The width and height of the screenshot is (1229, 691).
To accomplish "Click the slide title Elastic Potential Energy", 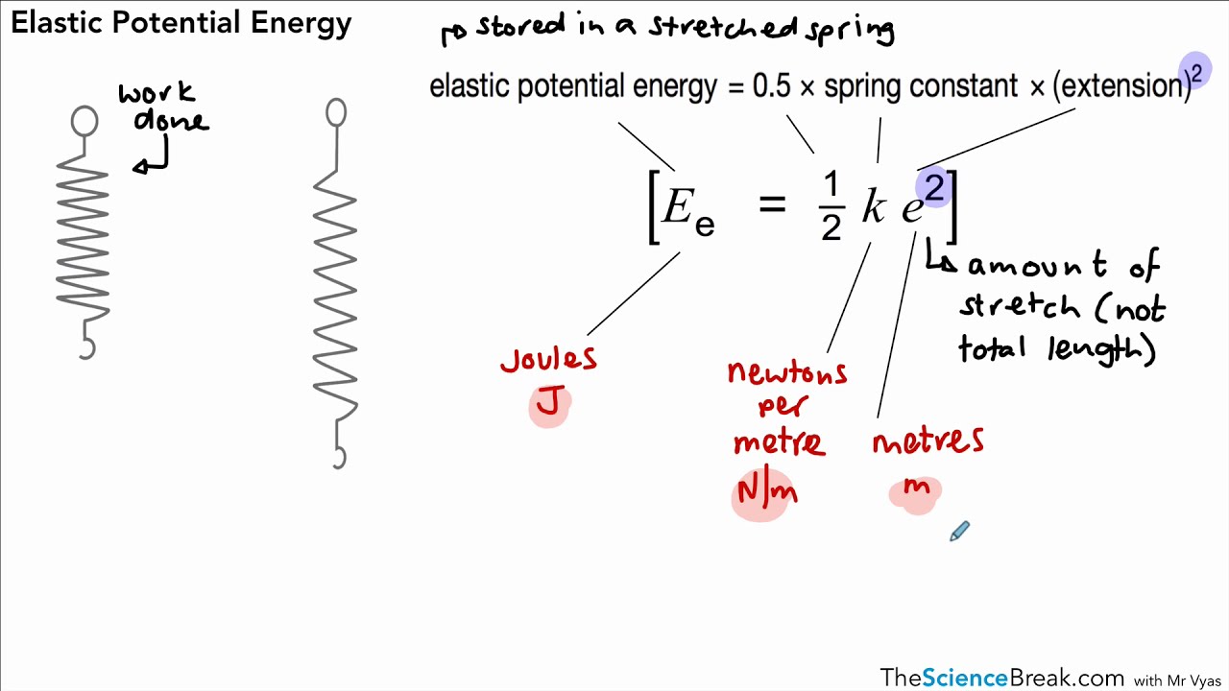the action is [x=181, y=23].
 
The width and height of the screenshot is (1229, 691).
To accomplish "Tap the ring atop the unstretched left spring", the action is [x=84, y=121].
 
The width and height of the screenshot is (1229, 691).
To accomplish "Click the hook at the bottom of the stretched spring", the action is [x=338, y=458].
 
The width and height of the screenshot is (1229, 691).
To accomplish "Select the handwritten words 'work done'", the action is [x=163, y=107].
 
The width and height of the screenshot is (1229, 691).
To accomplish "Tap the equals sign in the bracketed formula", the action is [x=772, y=203].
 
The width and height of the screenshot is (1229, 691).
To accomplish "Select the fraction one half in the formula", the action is [x=831, y=206].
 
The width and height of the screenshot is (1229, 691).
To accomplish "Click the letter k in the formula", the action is [x=873, y=206].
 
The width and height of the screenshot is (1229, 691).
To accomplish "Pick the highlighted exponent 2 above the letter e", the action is [x=933, y=186].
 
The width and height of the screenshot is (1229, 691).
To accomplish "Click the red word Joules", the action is [x=548, y=360].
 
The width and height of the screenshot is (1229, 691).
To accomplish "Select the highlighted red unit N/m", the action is [x=764, y=493].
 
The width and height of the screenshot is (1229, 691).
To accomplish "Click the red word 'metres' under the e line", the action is [x=928, y=441].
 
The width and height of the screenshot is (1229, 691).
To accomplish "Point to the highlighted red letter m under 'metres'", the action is [x=916, y=488].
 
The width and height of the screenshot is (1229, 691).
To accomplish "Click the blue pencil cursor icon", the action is [x=959, y=532].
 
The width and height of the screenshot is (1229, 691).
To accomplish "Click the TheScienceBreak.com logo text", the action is [x=1001, y=678].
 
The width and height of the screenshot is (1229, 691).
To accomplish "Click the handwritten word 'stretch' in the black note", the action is [x=1020, y=306].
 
